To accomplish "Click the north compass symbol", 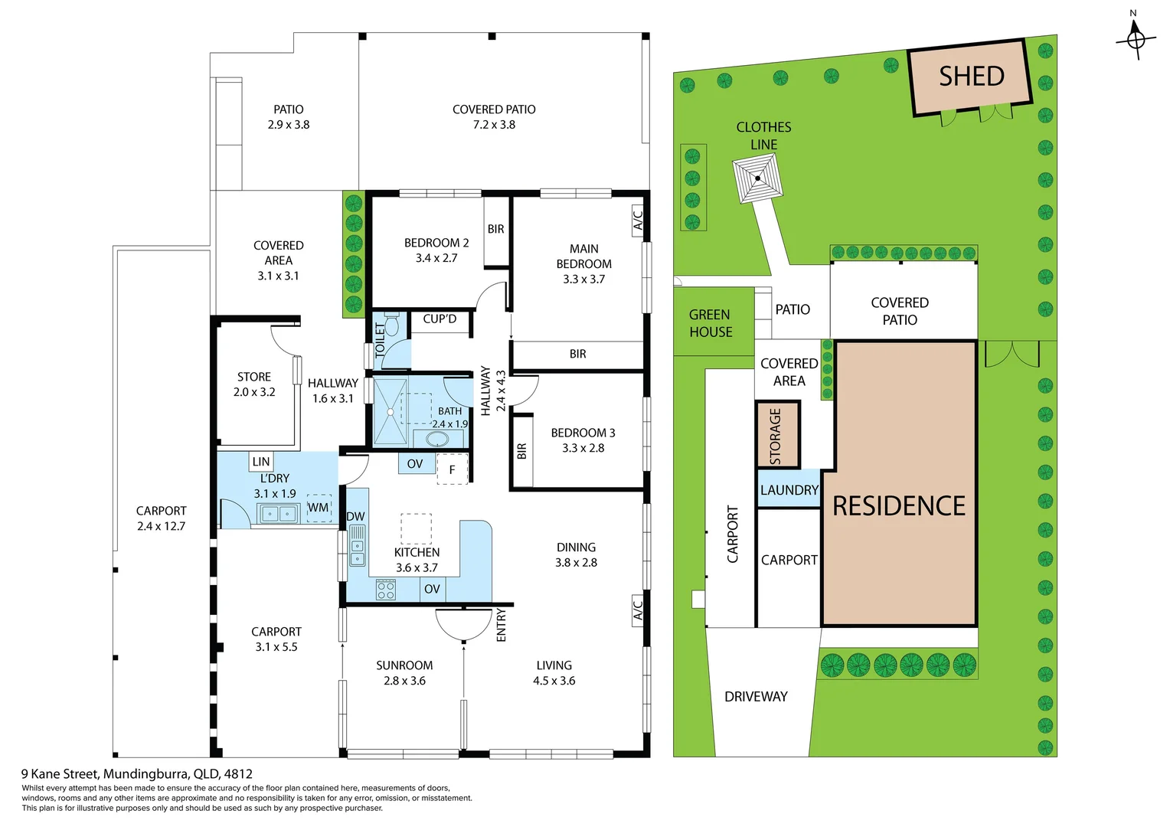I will pyautogui.click(x=1136, y=38).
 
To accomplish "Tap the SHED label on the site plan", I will pyautogui.click(x=971, y=77).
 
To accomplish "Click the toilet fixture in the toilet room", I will pyautogui.click(x=391, y=325).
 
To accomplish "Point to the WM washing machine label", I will pyautogui.click(x=318, y=508).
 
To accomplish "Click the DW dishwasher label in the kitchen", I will pyautogui.click(x=356, y=517).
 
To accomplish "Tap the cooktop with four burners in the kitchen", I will pyautogui.click(x=386, y=589).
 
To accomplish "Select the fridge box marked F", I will pyautogui.click(x=452, y=469).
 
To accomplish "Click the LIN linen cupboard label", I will pyautogui.click(x=261, y=462).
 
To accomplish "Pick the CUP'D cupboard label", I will pyautogui.click(x=440, y=319).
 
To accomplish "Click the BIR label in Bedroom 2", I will pyautogui.click(x=496, y=229).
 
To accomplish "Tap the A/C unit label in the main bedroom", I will pyautogui.click(x=638, y=221).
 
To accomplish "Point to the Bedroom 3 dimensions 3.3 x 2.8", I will pyautogui.click(x=583, y=448).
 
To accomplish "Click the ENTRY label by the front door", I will pyautogui.click(x=502, y=625).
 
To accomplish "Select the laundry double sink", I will pyautogui.click(x=278, y=514).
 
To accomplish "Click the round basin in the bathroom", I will pyautogui.click(x=437, y=440).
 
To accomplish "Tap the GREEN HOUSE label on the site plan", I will pyautogui.click(x=711, y=323).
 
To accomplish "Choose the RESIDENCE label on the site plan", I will pyautogui.click(x=899, y=506).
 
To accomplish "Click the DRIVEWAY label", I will pyautogui.click(x=756, y=697).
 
